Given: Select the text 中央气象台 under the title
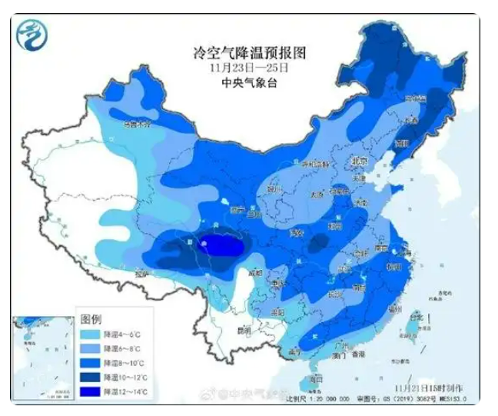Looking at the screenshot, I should pyautogui.click(x=249, y=82).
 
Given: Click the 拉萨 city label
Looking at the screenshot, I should pyautogui.click(x=141, y=273).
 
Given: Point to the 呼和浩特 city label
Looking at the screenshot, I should pyautogui.click(x=314, y=165).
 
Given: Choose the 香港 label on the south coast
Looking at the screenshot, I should pyautogui.click(x=356, y=356).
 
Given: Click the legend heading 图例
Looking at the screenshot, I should pyautogui.click(x=91, y=318).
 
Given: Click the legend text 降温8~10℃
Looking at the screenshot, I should pyautogui.click(x=121, y=363).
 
